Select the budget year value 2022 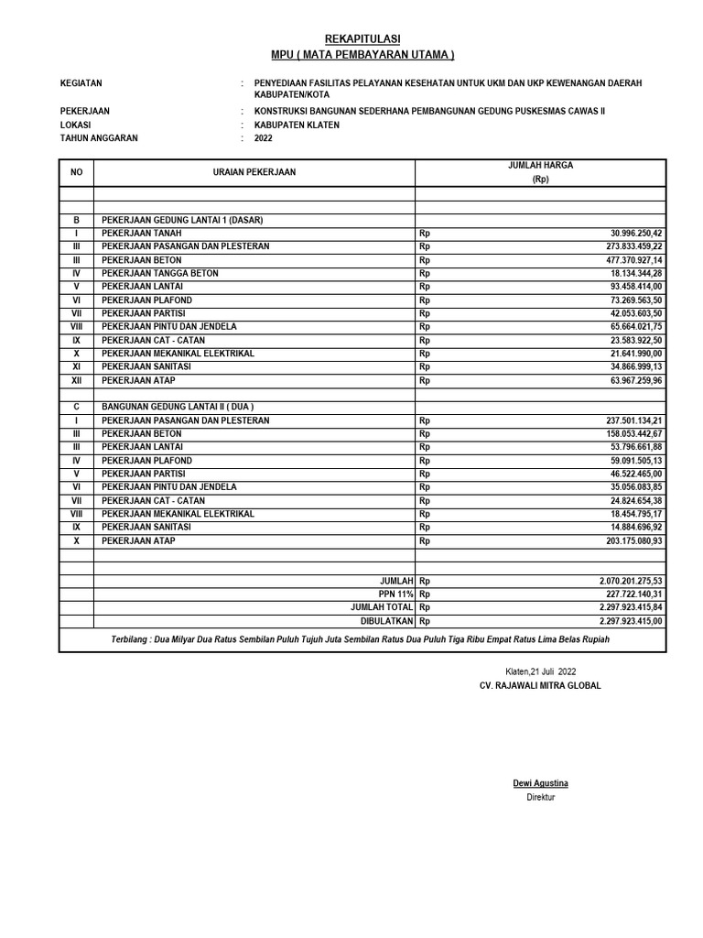point(263,139)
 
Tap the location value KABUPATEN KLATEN point(297,125)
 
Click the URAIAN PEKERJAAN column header point(254,172)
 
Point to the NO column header point(76,172)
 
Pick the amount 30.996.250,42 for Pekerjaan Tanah point(628,234)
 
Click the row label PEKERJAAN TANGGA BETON point(160,274)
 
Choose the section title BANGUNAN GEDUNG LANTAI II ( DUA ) point(178,407)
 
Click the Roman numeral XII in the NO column point(77,380)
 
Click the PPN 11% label point(396,594)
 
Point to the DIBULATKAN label point(387,620)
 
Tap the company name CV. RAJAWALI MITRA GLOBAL point(541,686)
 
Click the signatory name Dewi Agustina point(540,783)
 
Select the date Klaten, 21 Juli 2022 point(541,671)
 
